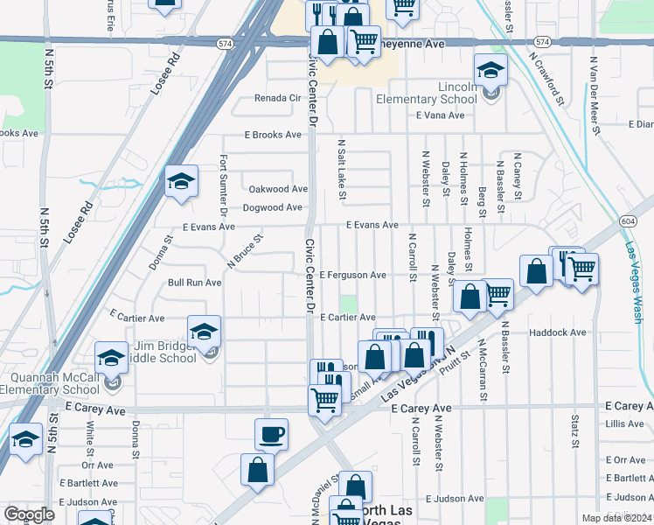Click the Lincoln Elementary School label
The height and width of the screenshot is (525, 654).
pyautogui.click(x=427, y=94)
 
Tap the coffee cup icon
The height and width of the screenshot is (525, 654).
pyautogui.click(x=271, y=434)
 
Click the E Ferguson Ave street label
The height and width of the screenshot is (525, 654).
pyautogui.click(x=352, y=275)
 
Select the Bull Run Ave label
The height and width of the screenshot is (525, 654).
pyautogui.click(x=194, y=283)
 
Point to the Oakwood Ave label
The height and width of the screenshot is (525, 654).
pyautogui.click(x=278, y=189)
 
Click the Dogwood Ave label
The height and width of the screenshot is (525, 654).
pyautogui.click(x=272, y=208)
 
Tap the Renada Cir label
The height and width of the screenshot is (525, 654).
pyautogui.click(x=277, y=98)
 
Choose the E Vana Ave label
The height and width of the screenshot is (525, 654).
pyautogui.click(x=440, y=115)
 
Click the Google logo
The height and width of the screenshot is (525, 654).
pyautogui.click(x=30, y=514)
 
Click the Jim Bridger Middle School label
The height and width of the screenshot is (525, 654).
pyautogui.click(x=165, y=352)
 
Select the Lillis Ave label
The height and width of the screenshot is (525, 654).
pyautogui.click(x=624, y=424)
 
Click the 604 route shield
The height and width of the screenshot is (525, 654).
pyautogui.click(x=628, y=221)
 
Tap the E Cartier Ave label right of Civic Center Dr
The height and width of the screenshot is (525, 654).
pyautogui.click(x=347, y=318)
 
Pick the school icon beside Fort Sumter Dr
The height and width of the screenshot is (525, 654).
pyautogui.click(x=181, y=182)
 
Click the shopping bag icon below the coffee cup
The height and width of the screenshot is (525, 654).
pyautogui.click(x=259, y=470)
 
